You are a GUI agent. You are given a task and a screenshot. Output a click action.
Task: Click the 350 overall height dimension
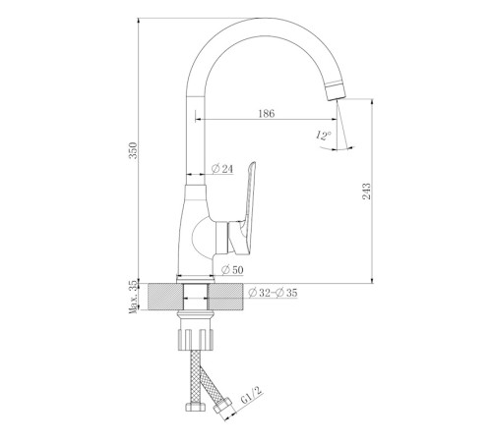click(x=133, y=150)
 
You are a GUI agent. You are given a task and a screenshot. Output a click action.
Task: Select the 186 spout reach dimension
click(x=267, y=114)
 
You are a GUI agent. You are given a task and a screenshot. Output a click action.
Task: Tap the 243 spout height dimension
click(x=366, y=192)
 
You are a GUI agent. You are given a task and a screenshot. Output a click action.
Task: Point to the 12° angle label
click(x=324, y=136)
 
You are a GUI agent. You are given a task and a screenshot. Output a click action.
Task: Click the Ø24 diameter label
click(x=222, y=169)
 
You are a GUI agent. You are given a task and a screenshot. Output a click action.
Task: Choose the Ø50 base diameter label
click(x=232, y=270)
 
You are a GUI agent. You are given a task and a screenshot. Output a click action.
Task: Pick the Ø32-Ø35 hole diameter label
click(x=273, y=293)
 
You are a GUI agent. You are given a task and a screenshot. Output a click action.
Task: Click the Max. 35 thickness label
click(x=133, y=297)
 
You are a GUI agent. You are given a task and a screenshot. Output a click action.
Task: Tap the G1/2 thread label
click(x=252, y=395)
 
